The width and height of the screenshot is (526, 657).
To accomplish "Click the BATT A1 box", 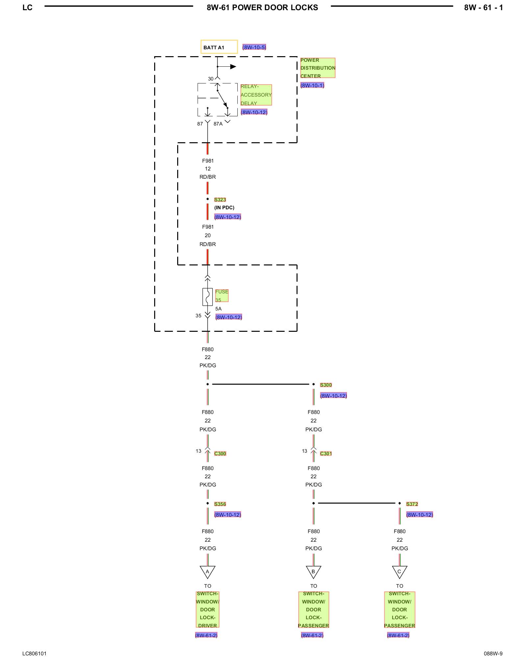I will click(219, 47).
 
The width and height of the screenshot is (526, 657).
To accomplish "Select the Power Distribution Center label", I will click(318, 68).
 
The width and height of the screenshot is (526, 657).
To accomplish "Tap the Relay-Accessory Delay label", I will click(256, 95).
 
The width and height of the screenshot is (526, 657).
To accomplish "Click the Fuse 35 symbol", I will click(207, 297).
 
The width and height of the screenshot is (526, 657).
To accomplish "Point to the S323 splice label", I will click(220, 200).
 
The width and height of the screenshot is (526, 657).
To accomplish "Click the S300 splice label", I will click(326, 385).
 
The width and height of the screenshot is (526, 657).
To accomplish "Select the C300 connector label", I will click(220, 454).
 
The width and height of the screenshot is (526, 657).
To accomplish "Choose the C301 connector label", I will click(326, 454).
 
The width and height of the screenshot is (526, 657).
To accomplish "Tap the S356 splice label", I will click(220, 504).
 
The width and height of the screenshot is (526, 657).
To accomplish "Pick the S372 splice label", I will click(412, 504).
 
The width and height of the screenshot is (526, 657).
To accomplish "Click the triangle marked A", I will click(207, 572).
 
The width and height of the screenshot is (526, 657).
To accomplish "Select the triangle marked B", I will click(313, 572).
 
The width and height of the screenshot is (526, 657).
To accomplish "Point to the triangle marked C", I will click(399, 572).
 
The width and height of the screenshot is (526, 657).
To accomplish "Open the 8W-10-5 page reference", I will click(254, 47).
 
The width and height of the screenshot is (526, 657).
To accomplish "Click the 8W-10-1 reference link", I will click(312, 85).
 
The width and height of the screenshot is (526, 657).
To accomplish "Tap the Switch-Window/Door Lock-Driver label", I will click(207, 610).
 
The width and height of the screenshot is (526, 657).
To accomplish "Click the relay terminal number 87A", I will click(218, 124).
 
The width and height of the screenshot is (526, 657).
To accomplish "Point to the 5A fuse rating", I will click(218, 309).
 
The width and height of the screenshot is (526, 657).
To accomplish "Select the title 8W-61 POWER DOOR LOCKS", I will click(262, 8).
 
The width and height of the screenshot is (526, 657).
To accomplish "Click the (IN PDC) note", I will click(224, 208).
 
